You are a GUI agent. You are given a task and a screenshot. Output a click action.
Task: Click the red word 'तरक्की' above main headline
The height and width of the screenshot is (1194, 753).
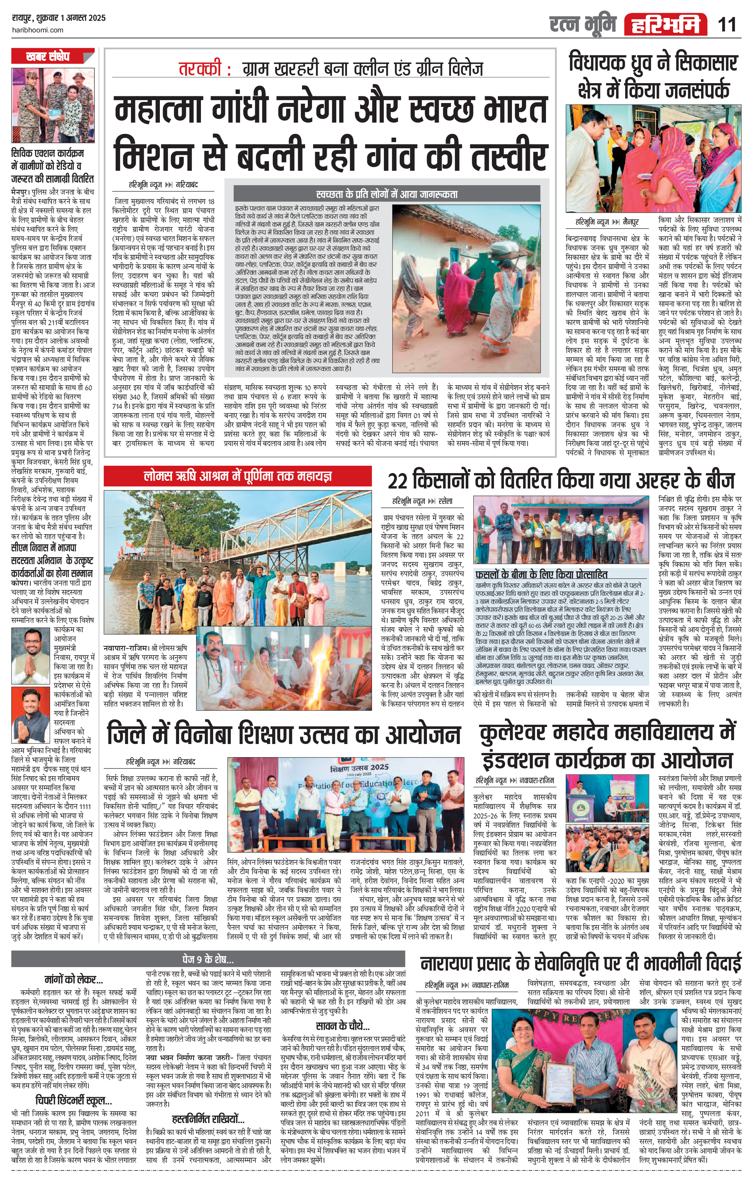(x=204, y=69)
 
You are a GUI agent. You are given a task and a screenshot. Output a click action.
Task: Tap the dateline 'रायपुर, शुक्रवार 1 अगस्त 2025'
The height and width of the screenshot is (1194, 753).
(x=58, y=18)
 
